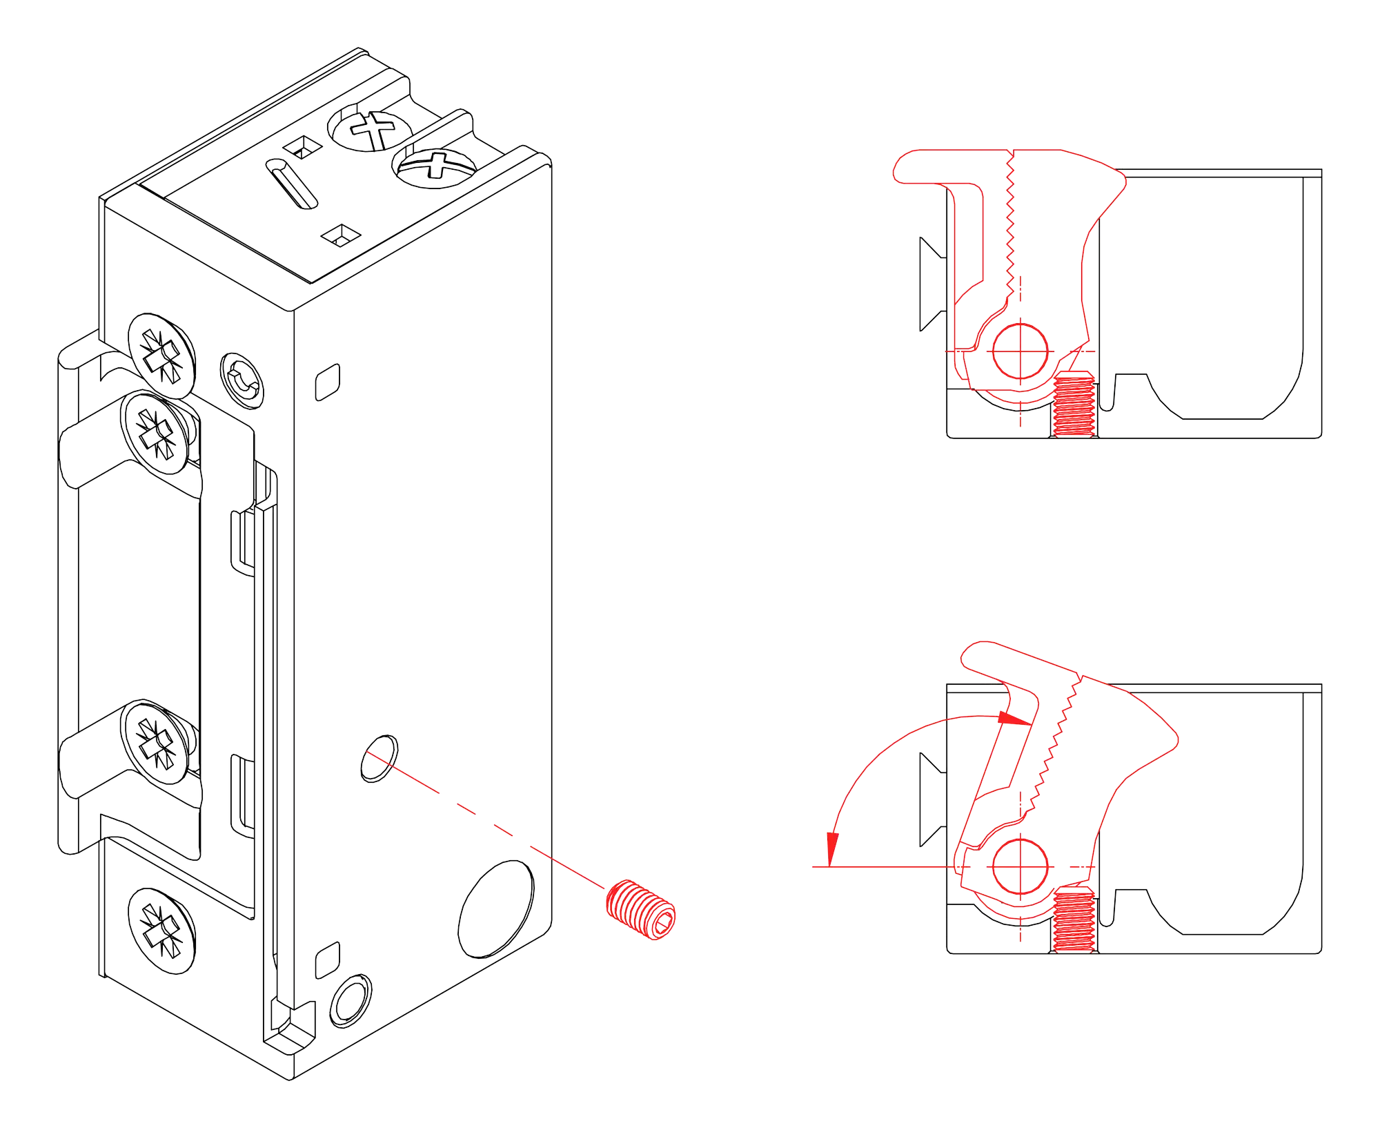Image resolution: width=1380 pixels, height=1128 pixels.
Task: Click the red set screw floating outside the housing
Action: pyautogui.click(x=640, y=909)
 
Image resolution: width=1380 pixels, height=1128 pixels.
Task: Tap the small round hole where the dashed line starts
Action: pyautogui.click(x=379, y=759)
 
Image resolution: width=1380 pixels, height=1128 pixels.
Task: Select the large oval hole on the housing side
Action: pyautogui.click(x=496, y=908)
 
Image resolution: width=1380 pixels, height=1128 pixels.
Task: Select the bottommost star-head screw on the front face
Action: pyautogui.click(x=161, y=930)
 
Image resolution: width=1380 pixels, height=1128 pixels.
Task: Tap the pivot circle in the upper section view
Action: pyautogui.click(x=1020, y=351)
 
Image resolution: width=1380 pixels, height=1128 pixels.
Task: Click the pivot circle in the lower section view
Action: pyautogui.click(x=1020, y=866)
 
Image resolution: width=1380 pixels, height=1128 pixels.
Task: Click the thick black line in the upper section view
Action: pyautogui.click(x=1221, y=417)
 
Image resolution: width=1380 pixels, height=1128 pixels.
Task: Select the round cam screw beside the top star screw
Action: pyautogui.click(x=242, y=382)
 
